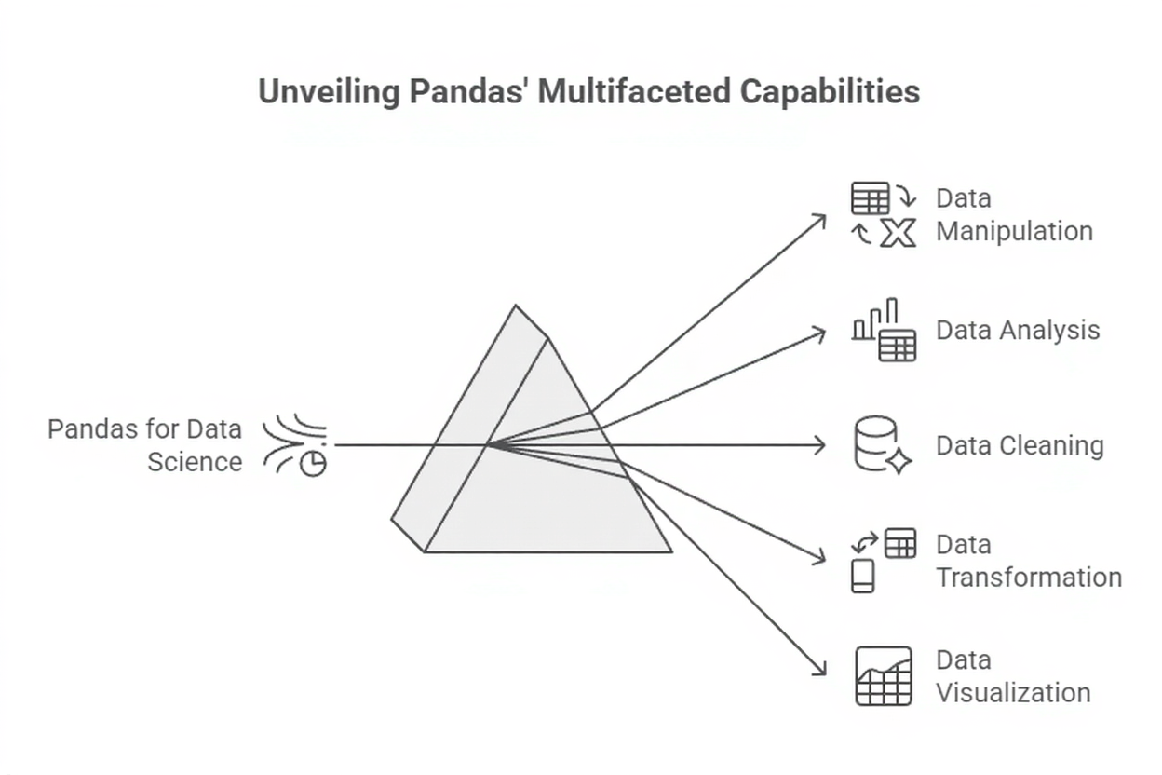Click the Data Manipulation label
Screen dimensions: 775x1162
click(x=1013, y=214)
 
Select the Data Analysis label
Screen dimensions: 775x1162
click(x=1018, y=330)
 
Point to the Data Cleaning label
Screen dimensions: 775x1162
click(x=1020, y=445)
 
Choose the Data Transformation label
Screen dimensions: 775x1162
click(x=1028, y=561)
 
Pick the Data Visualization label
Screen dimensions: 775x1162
click(x=1013, y=676)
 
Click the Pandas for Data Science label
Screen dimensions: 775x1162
click(x=145, y=445)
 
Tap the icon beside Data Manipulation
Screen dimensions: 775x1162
click(x=884, y=214)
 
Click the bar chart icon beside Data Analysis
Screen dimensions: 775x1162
click(x=884, y=330)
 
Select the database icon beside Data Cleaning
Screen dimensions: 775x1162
click(x=881, y=445)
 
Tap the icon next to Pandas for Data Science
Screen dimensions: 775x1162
click(x=295, y=445)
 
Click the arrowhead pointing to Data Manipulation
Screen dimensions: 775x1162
click(x=821, y=218)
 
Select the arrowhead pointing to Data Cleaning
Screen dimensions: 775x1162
click(x=821, y=445)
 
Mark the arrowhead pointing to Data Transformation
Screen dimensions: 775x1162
click(x=820, y=559)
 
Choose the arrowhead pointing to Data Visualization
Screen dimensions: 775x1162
click(x=821, y=672)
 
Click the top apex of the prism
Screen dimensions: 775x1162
click(x=516, y=306)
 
